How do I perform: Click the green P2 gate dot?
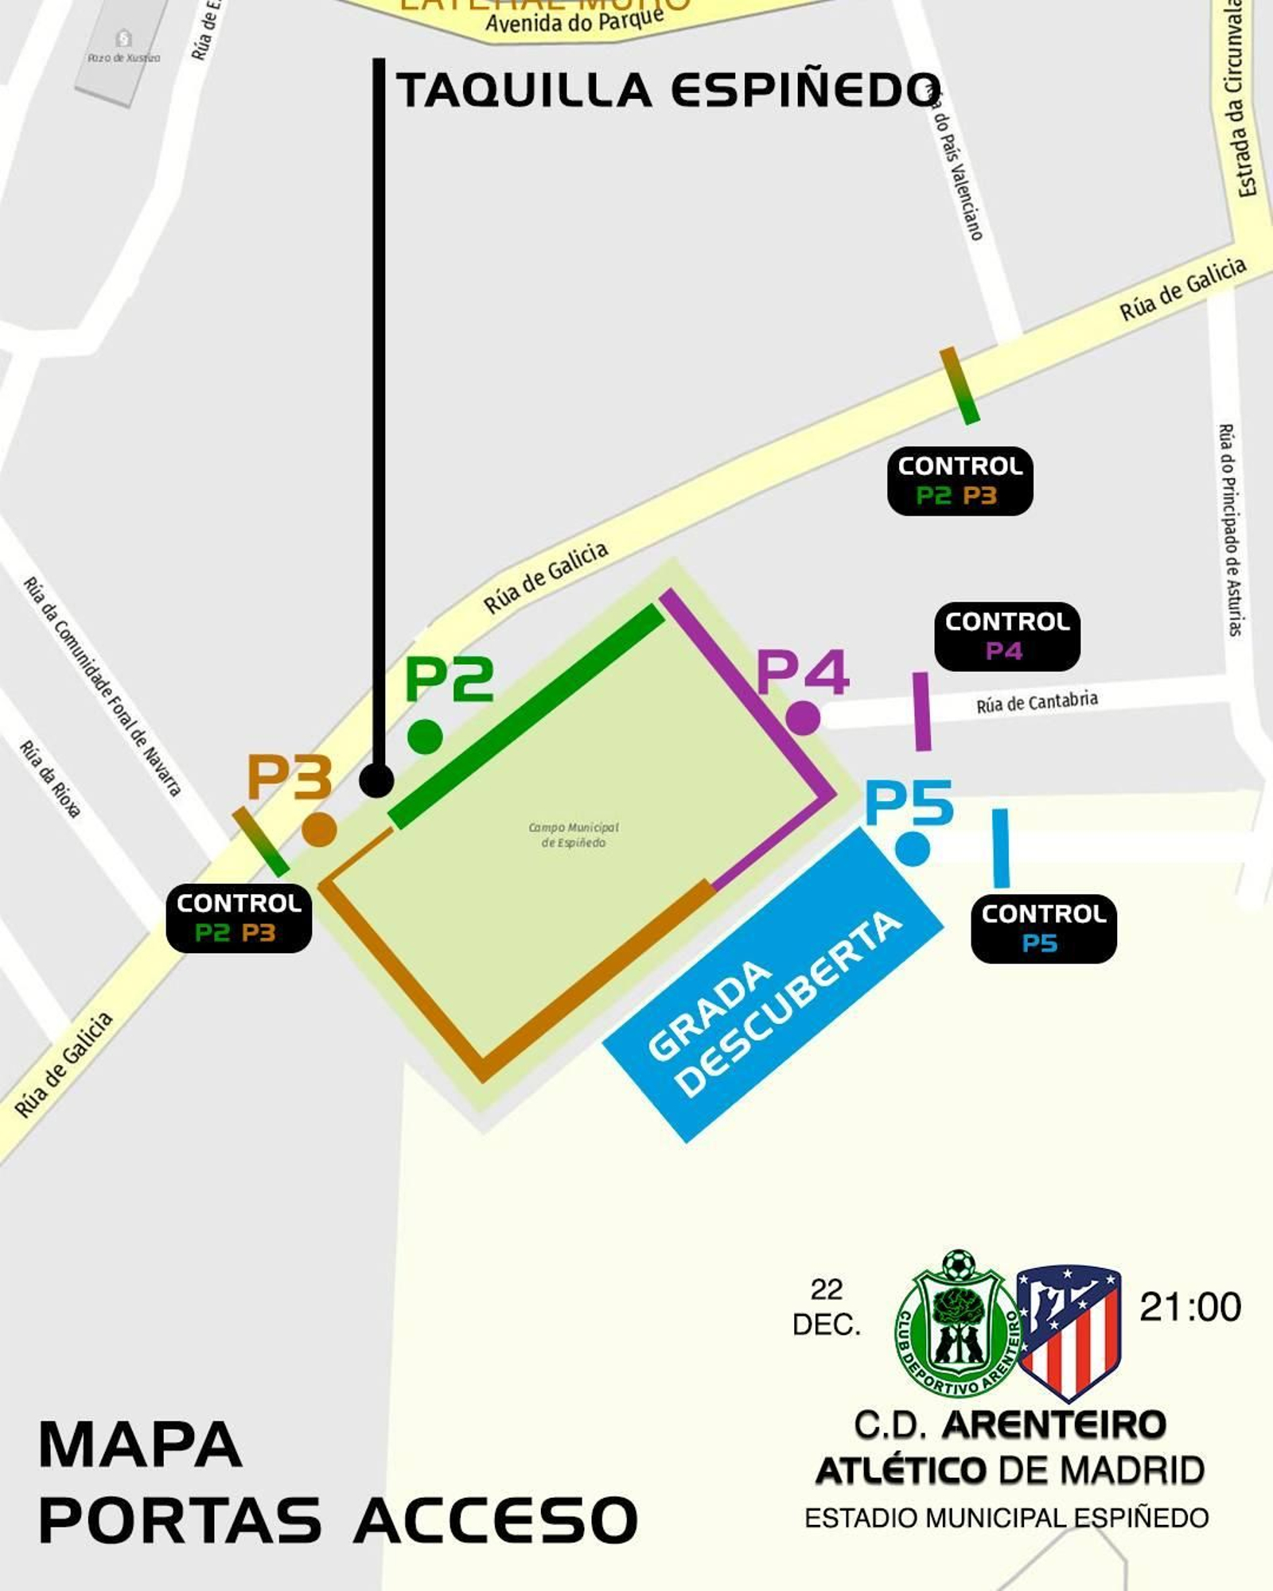[x=425, y=737]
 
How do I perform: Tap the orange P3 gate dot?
[x=319, y=830]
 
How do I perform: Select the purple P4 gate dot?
[x=803, y=718]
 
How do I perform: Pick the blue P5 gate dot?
[x=912, y=848]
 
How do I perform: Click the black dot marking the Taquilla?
[x=376, y=780]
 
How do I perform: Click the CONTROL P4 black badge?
[x=1006, y=636]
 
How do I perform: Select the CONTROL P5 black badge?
[x=1043, y=928]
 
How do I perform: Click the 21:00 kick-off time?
[x=1189, y=1307]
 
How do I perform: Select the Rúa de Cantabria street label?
[x=1037, y=702]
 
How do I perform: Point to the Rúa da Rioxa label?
[x=50, y=779]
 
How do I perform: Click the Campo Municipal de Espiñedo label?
[x=573, y=834]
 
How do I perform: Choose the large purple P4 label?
[x=802, y=673]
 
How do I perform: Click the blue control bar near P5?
[x=1001, y=848]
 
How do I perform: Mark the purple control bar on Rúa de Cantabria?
[x=921, y=711]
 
